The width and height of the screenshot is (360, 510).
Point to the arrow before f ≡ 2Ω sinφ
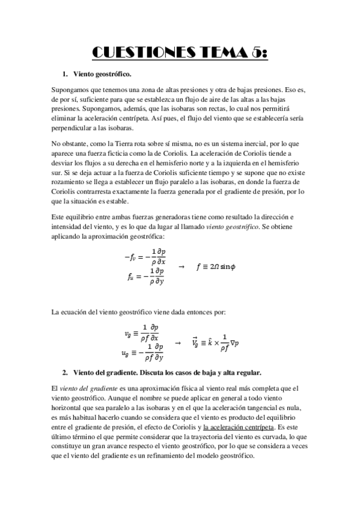(182, 266)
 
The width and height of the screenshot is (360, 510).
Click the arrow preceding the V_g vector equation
(177, 342)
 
